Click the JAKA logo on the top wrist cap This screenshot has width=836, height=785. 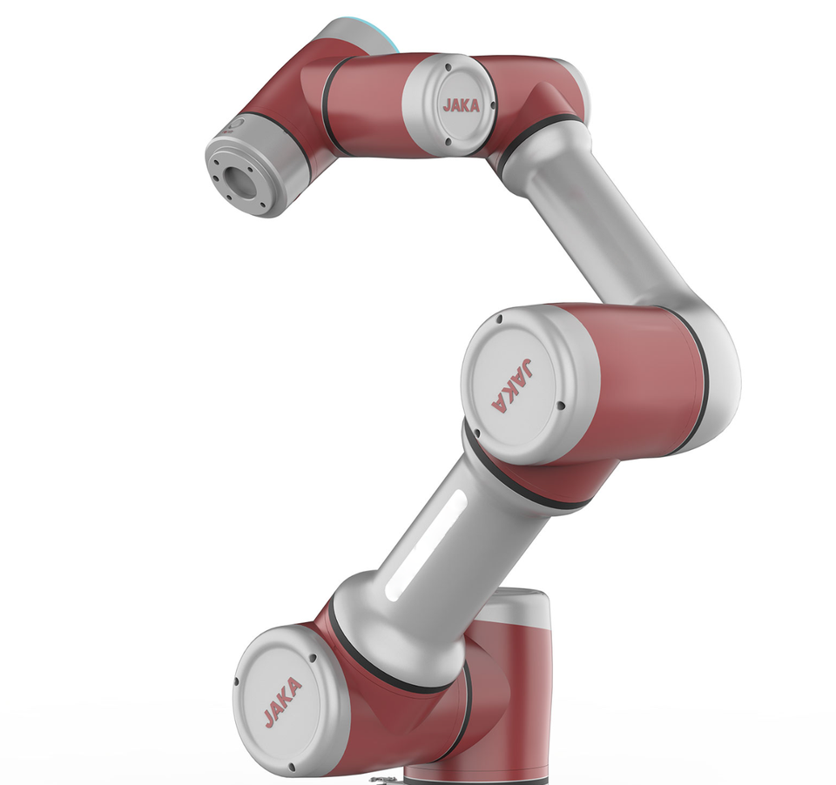point(462,105)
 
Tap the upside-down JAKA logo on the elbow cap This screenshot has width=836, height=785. point(512,386)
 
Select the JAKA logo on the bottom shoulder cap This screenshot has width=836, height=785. point(282,702)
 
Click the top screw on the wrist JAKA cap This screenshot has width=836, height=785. point(448,67)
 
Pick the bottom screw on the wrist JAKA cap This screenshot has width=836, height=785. point(448,142)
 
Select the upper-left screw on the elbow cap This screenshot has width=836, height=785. point(499,319)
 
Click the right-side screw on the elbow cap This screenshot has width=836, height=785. point(560,406)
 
